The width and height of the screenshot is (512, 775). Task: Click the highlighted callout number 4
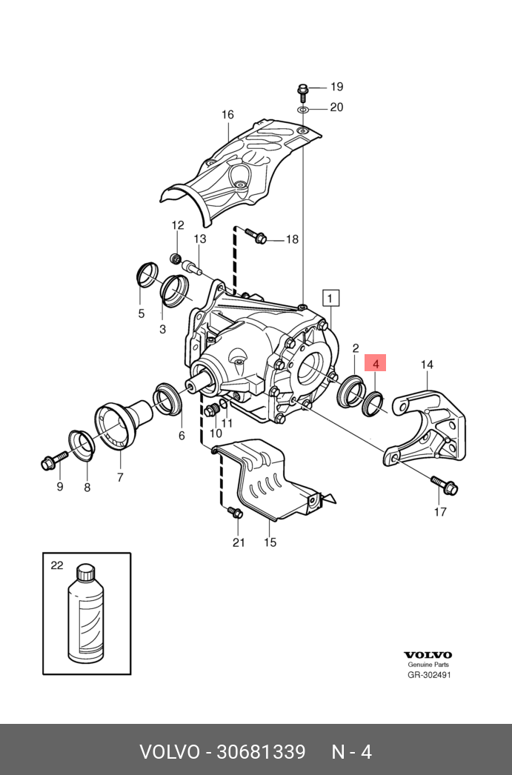tap(376, 364)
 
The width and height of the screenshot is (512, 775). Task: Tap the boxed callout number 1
tap(330, 298)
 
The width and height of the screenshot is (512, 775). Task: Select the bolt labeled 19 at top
tap(303, 91)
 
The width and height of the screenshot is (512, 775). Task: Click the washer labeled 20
tap(303, 109)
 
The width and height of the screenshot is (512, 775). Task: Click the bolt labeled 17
tap(448, 487)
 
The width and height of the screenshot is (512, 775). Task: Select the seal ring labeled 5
tap(147, 275)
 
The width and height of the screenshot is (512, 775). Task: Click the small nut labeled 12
tap(176, 258)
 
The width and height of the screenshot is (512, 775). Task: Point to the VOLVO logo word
tap(428, 655)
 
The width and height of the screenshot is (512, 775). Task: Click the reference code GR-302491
tap(429, 675)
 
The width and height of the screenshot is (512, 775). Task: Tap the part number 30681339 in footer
tap(260, 753)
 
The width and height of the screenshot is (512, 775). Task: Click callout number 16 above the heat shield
tap(227, 115)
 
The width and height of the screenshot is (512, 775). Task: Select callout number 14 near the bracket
tap(427, 365)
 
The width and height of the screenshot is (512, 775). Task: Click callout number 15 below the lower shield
tap(270, 542)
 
